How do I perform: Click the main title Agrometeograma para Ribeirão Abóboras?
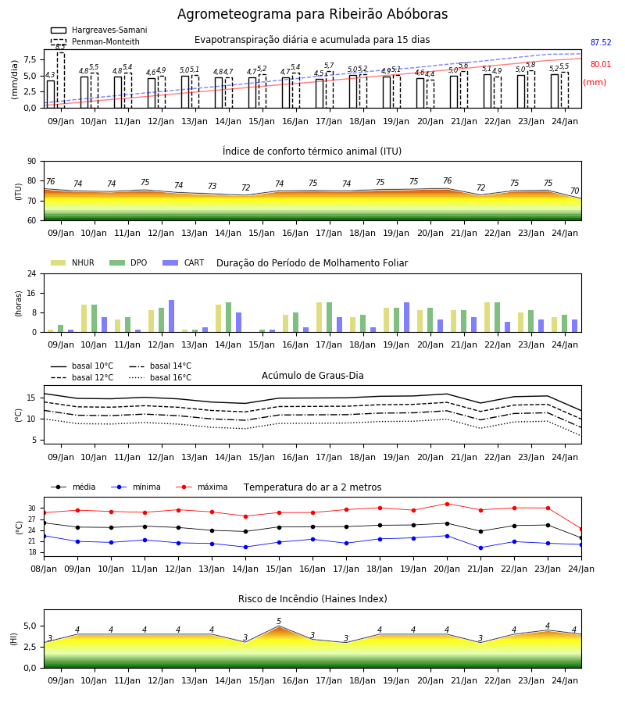pyautogui.click(x=312, y=14)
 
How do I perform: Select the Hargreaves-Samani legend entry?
pyautogui.click(x=99, y=30)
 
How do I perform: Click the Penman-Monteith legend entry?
pyautogui.click(x=95, y=41)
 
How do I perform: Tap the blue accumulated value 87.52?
pyautogui.click(x=601, y=43)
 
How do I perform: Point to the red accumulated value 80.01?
pyautogui.click(x=601, y=64)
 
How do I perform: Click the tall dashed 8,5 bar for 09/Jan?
pyautogui.click(x=60, y=80)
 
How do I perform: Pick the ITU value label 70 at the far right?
pyautogui.click(x=575, y=191)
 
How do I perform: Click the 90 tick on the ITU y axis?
pyautogui.click(x=32, y=162)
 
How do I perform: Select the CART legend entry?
pyautogui.click(x=184, y=262)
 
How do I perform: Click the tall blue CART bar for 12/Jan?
pyautogui.click(x=171, y=316)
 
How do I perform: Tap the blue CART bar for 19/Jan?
pyautogui.click(x=407, y=317)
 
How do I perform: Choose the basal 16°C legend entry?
pyautogui.click(x=160, y=377)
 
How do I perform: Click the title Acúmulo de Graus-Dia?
pyautogui.click(x=312, y=375)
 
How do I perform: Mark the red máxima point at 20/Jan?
pyautogui.click(x=447, y=504)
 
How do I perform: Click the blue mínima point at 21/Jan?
pyautogui.click(x=480, y=548)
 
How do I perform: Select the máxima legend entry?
pyautogui.click(x=202, y=487)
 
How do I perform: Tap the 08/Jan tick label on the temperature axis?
pyautogui.click(x=44, y=569)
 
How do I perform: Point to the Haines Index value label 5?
pyautogui.click(x=279, y=622)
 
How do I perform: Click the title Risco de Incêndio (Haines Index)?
pyautogui.click(x=312, y=599)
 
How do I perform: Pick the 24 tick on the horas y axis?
pyautogui.click(x=32, y=273)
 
